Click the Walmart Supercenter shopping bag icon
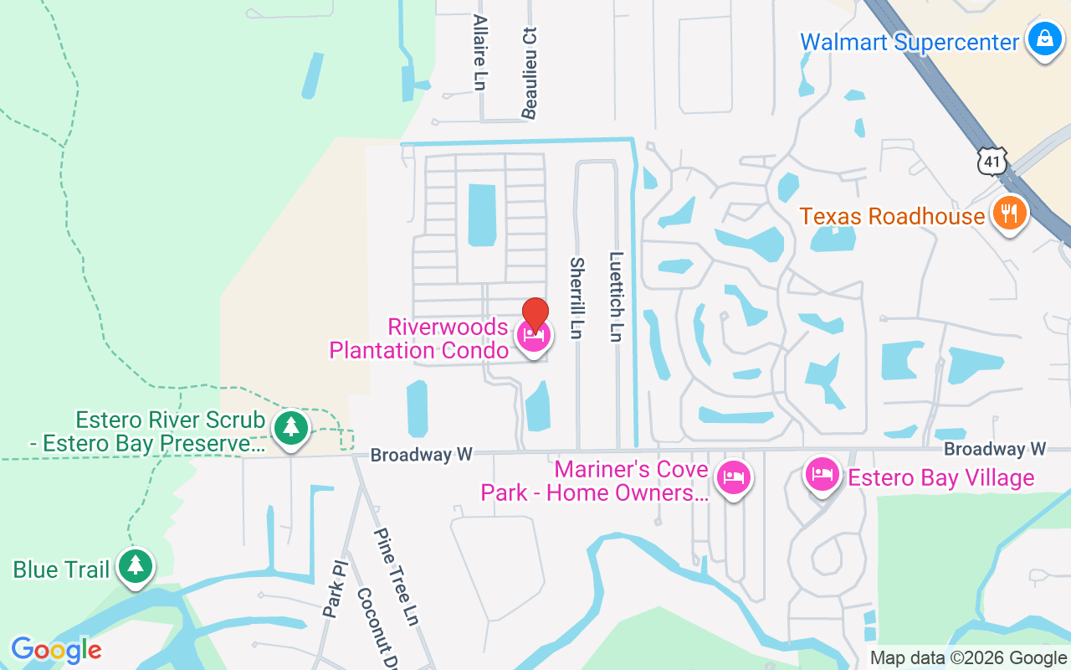pyautogui.click(x=1044, y=39)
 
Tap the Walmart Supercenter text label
pyautogui.click(x=910, y=42)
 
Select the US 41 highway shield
pyautogui.click(x=992, y=161)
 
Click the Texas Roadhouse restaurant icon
pyautogui.click(x=1010, y=214)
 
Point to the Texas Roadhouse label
pyautogui.click(x=892, y=216)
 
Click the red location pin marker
pyautogui.click(x=535, y=315)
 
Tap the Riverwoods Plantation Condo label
pyautogui.click(x=418, y=338)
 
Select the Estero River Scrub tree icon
pyautogui.click(x=290, y=428)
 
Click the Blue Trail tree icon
pyautogui.click(x=135, y=566)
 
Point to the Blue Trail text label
pyautogui.click(x=61, y=570)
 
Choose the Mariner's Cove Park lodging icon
pyautogui.click(x=734, y=478)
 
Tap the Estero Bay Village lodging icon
pyautogui.click(x=822, y=475)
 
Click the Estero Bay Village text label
pyautogui.click(x=941, y=478)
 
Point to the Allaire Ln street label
pyautogui.click(x=479, y=52)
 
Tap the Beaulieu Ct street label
pyautogui.click(x=529, y=72)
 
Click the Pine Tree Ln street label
pyautogui.click(x=396, y=576)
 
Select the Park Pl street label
pyautogui.click(x=333, y=590)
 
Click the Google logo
pyautogui.click(x=56, y=649)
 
